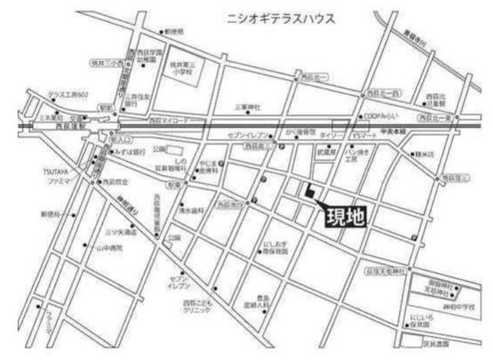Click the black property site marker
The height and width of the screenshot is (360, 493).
(x=308, y=193)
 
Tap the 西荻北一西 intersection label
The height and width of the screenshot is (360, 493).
(x=381, y=93)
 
